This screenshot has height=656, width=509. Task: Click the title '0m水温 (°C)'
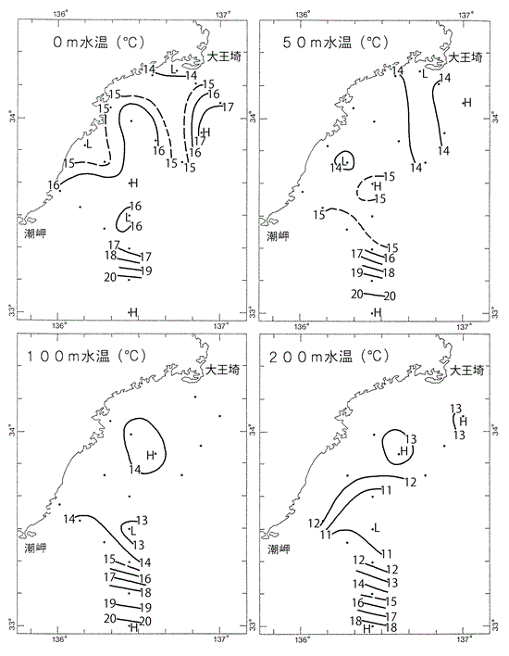coord(99,43)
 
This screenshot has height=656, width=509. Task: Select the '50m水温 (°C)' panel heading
coord(336,43)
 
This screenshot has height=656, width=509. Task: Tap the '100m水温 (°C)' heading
coord(87,357)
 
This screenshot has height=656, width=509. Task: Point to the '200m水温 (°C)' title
coord(329,357)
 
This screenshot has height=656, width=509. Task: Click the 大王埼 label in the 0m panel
coord(224,57)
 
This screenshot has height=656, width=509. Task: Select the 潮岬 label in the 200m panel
coord(279,549)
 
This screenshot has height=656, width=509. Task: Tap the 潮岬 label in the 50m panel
coord(278,236)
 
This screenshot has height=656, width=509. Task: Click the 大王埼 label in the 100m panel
coord(223,370)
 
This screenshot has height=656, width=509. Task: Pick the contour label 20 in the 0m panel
coord(110,277)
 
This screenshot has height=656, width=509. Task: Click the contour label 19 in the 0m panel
coord(146,271)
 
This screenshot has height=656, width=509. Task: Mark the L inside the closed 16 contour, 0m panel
coord(128,217)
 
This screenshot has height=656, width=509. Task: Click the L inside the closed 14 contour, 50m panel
coord(344,160)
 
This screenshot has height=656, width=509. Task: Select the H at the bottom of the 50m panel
coord(378,312)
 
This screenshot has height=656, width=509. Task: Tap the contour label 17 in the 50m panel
coord(356,254)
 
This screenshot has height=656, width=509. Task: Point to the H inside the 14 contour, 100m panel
coord(150,455)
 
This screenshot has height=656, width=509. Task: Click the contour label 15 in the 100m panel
coord(109,560)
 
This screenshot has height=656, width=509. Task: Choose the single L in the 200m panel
coord(376,528)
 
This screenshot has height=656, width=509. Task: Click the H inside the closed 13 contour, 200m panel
coord(403,451)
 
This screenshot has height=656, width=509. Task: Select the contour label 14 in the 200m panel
coord(358,584)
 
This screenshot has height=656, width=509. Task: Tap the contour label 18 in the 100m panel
coord(145,593)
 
